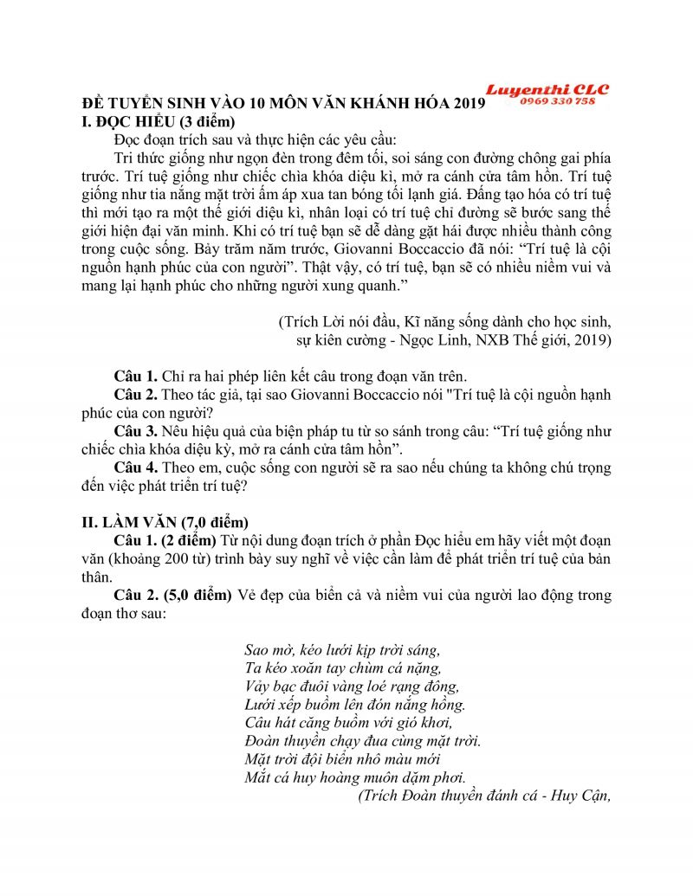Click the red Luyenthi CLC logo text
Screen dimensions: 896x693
coord(547,89)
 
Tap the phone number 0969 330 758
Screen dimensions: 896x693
coord(558,101)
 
